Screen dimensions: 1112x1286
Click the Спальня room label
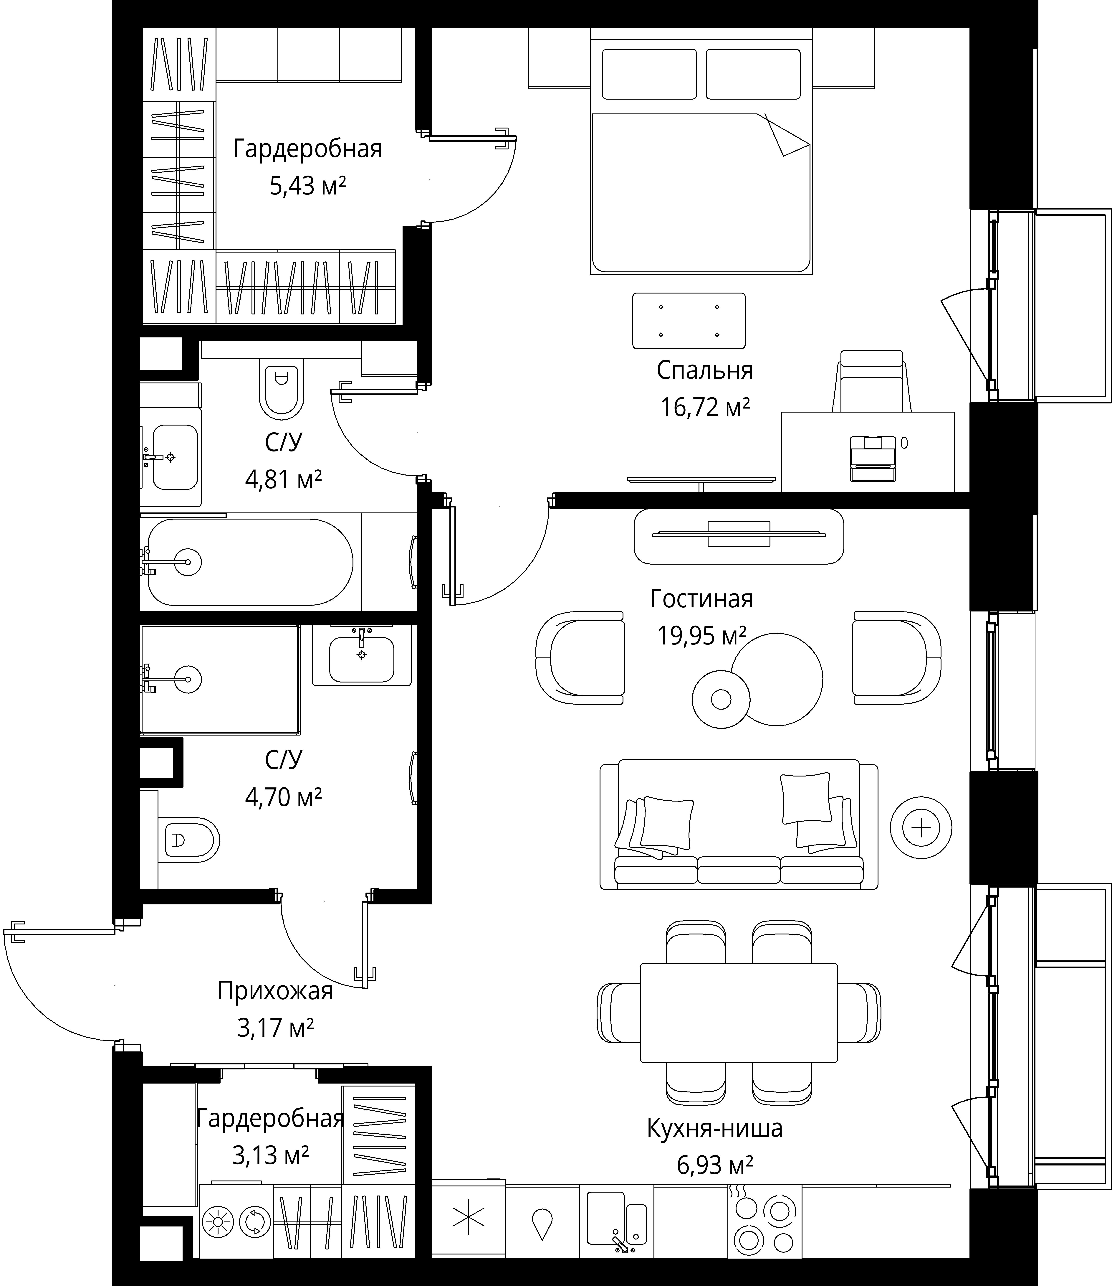[x=704, y=370]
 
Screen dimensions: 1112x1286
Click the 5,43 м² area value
[x=307, y=186]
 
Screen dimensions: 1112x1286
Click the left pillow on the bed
[x=649, y=74]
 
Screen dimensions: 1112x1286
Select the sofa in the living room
[x=738, y=824]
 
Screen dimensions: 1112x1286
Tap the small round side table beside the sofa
[x=921, y=827]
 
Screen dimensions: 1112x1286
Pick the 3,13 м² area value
[x=271, y=1156]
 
